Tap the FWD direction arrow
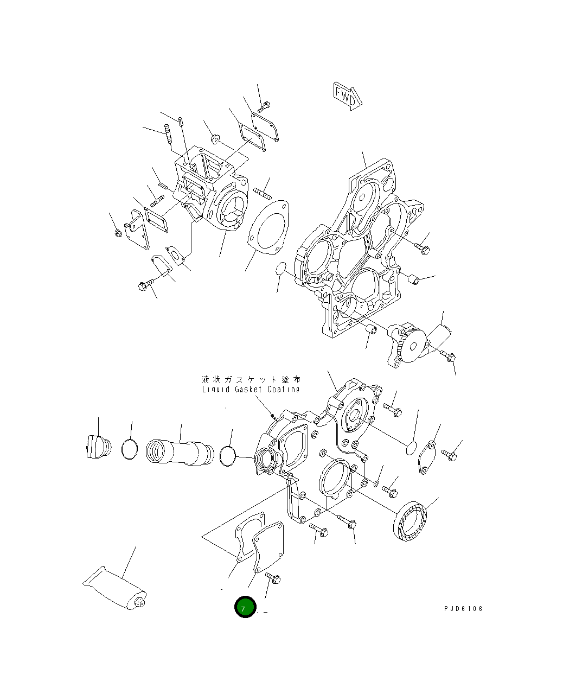[x=348, y=97]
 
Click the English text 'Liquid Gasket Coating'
[x=251, y=389]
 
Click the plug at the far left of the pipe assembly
[x=99, y=447]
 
